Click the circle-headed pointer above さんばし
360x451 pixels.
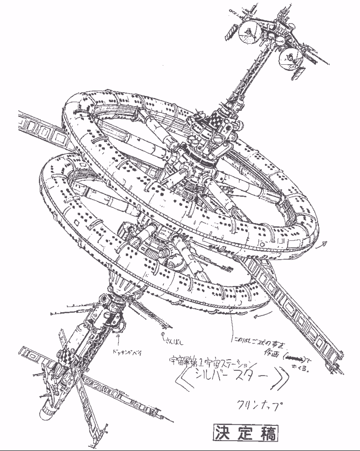pos(163,335)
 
